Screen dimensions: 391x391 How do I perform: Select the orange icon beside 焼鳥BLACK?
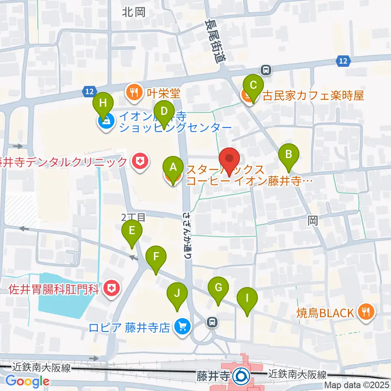pyautogui.click(x=364, y=312)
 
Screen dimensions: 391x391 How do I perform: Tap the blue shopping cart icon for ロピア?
pyautogui.click(x=182, y=326)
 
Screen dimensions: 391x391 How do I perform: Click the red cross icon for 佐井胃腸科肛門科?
pyautogui.click(x=111, y=289)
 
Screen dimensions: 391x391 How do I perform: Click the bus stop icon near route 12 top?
pyautogui.click(x=266, y=70)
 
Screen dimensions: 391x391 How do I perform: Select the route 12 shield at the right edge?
pyautogui.click(x=343, y=61)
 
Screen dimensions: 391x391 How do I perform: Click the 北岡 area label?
pyautogui.click(x=133, y=12)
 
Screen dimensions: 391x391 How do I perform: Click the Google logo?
pyautogui.click(x=27, y=381)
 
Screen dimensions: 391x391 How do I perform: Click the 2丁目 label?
pyautogui.click(x=133, y=217)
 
